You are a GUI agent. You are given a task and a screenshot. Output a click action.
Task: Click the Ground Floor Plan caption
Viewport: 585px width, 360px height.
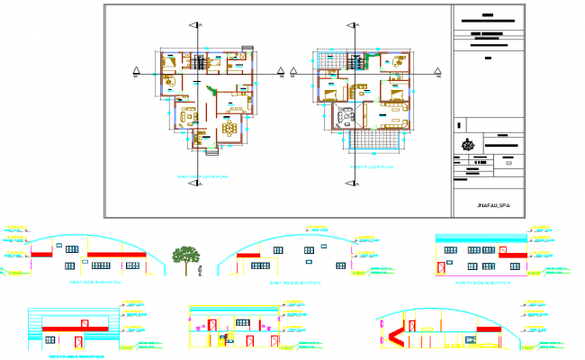(x=203, y=177)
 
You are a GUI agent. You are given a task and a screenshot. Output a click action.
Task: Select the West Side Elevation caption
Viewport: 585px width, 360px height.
(x=95, y=283)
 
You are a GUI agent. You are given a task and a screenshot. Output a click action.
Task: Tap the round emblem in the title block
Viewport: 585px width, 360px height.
(x=467, y=144)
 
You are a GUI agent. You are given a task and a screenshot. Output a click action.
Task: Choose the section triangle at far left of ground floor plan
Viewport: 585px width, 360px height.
(x=135, y=71)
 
